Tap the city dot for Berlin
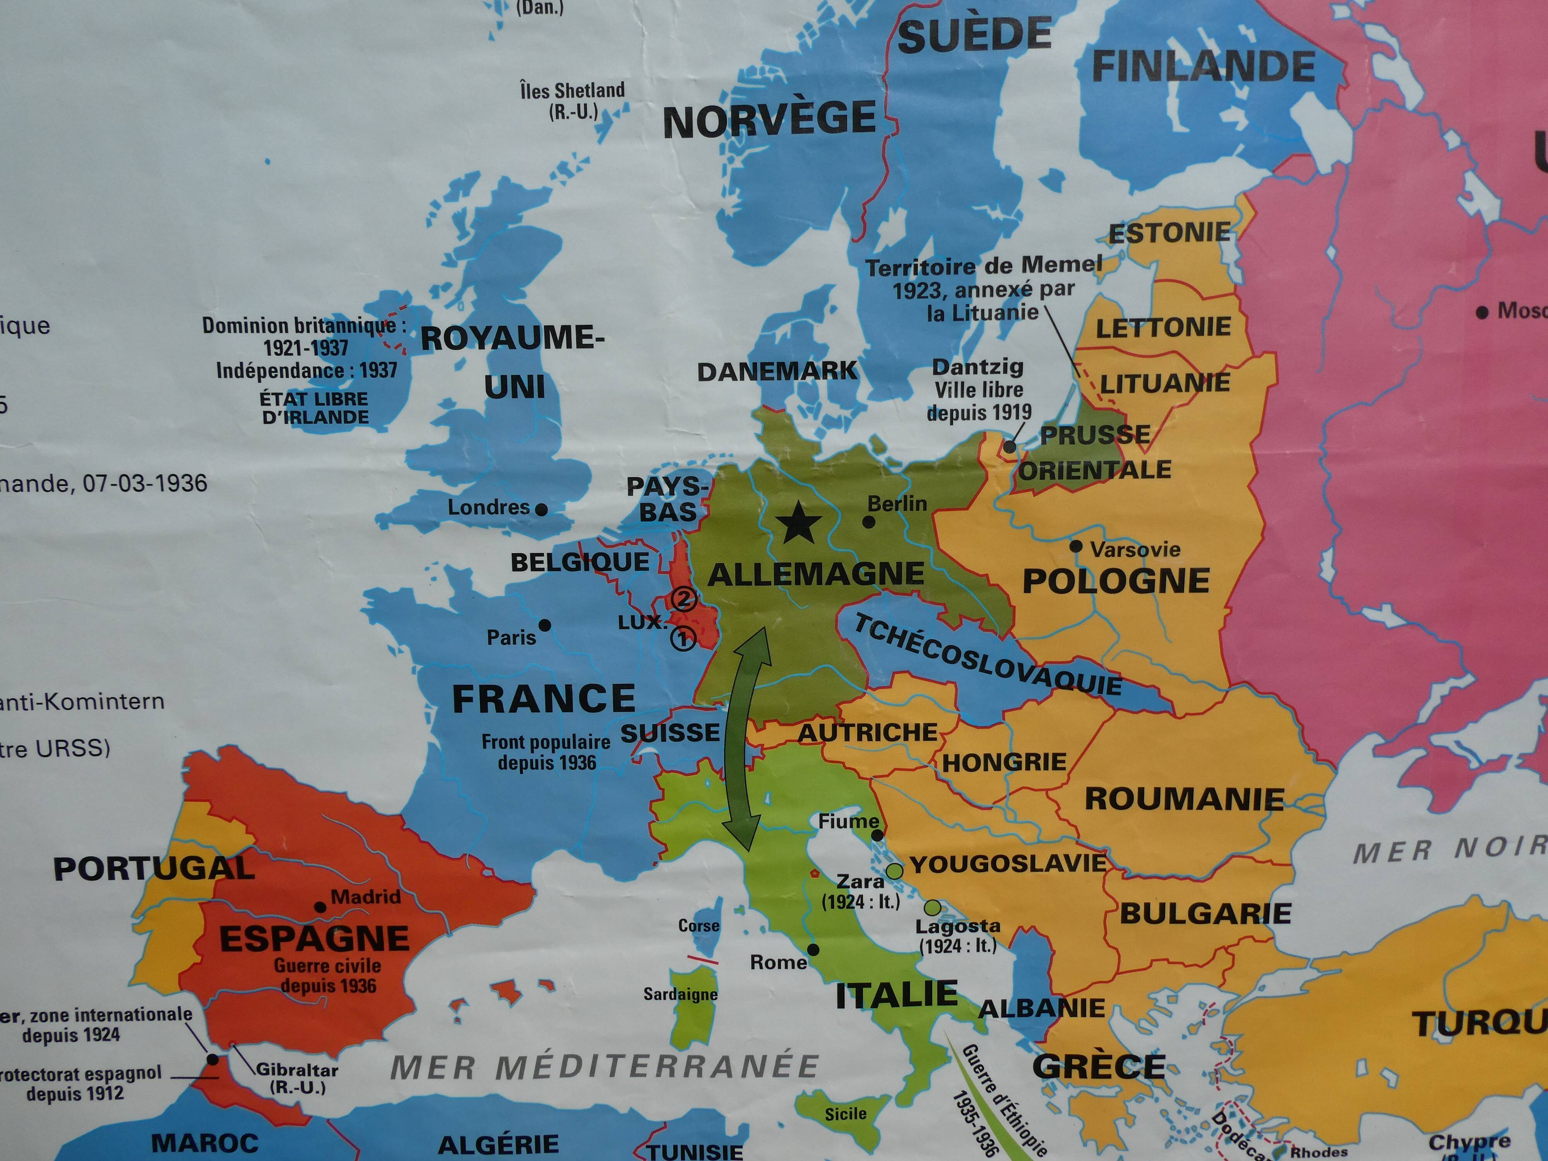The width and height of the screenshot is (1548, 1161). (868, 521)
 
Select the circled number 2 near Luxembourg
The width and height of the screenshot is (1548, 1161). (684, 600)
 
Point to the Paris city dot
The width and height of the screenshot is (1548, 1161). (545, 625)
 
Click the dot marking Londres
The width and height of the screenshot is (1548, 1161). (541, 509)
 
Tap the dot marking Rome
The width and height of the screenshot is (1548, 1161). (813, 950)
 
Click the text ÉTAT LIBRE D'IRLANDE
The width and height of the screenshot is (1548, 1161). (314, 408)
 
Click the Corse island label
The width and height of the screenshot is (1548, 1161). (699, 925)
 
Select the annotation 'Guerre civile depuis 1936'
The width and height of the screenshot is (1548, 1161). (327, 976)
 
